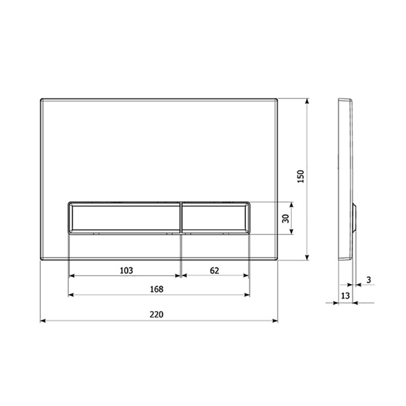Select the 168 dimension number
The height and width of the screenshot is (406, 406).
click(157, 289)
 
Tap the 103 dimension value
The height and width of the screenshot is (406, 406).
click(126, 270)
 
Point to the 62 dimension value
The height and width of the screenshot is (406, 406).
click(215, 270)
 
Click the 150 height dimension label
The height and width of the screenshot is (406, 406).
click(299, 177)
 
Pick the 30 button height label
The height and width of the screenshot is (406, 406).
click(285, 218)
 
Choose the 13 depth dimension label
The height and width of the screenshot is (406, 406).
click(346, 296)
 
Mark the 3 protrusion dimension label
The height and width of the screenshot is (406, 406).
click(369, 280)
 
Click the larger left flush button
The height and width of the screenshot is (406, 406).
click(125, 217)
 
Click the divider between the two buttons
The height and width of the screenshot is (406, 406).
click(182, 217)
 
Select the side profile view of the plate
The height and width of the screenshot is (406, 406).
click(346, 180)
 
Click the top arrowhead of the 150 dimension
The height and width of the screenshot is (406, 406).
click(307, 100)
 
